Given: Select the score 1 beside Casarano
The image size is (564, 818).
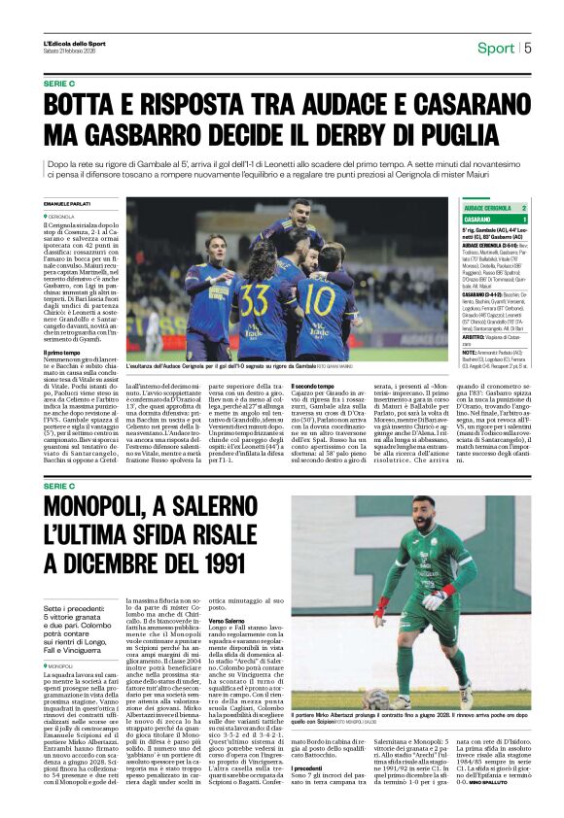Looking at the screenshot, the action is pyautogui.click(x=524, y=220).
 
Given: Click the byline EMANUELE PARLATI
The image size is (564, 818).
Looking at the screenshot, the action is pyautogui.click(x=65, y=203).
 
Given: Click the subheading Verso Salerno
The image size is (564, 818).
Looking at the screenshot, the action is pyautogui.click(x=227, y=619).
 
